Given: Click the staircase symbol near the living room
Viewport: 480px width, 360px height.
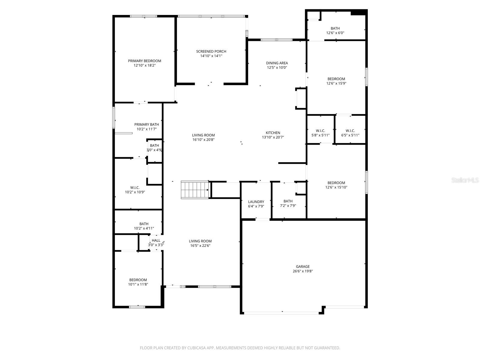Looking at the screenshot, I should click(195, 190).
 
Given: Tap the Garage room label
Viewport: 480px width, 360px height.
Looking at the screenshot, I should click(303, 266).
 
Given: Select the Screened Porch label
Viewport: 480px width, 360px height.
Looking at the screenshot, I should click(211, 51).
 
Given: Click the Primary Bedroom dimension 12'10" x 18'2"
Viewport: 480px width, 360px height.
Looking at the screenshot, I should click(145, 65).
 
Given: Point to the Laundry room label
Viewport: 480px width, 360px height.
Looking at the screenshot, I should click(256, 202).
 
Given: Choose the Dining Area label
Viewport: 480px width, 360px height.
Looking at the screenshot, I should click(277, 63).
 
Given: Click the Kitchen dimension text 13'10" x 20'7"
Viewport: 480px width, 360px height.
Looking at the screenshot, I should click(273, 137).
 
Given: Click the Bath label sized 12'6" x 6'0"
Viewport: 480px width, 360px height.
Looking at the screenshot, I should click(335, 28).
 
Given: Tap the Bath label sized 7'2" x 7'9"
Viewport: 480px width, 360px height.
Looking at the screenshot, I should click(288, 201).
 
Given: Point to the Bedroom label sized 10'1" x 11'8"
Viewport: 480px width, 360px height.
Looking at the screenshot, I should click(138, 280).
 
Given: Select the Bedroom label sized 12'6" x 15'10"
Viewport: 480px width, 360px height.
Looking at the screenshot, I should click(336, 183).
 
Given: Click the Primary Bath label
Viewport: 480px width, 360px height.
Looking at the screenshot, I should click(146, 124).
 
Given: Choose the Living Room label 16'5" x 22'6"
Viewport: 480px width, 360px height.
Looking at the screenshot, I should click(200, 241).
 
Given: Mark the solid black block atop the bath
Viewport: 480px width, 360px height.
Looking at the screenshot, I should click(358, 12).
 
